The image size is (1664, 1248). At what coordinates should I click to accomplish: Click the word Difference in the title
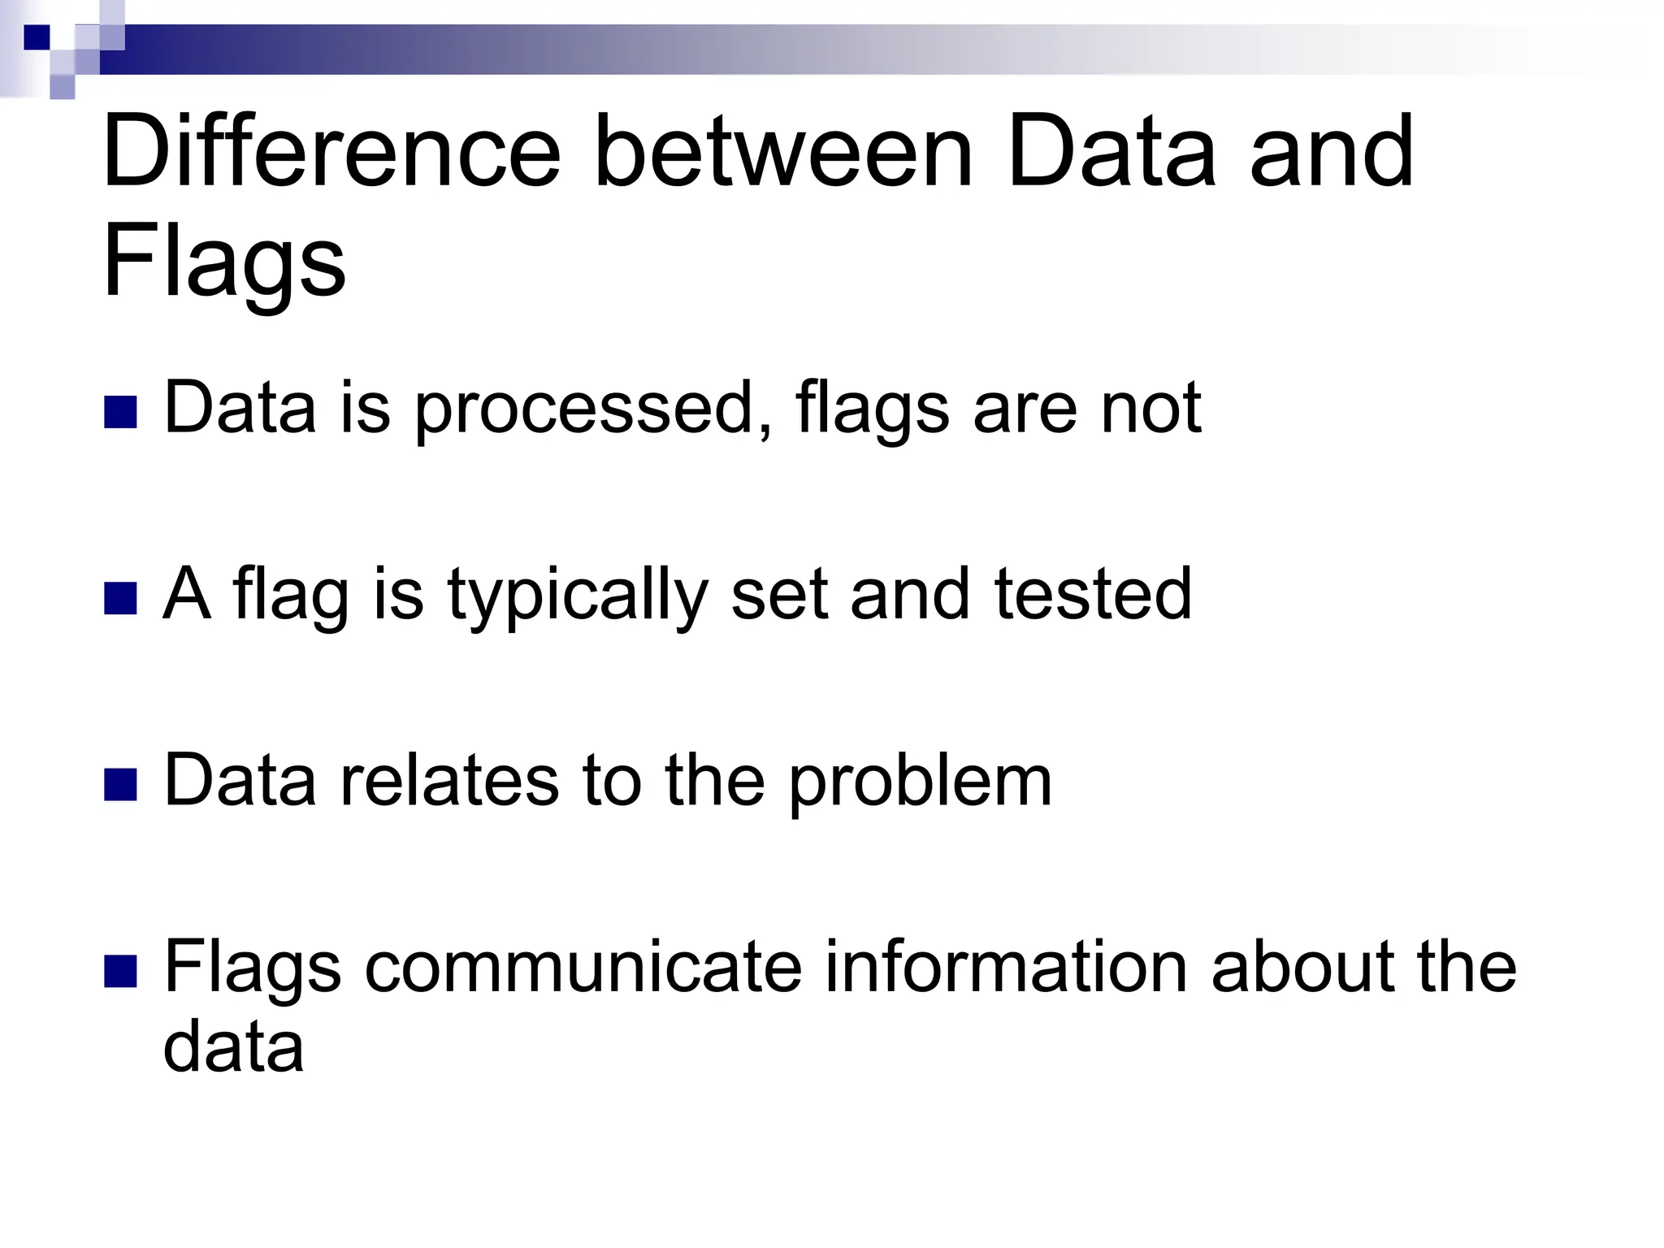click(x=331, y=152)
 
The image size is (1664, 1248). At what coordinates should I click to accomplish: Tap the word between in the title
click(x=783, y=152)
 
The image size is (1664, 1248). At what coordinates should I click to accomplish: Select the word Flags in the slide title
click(x=224, y=262)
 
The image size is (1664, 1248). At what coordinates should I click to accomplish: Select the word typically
click(x=578, y=596)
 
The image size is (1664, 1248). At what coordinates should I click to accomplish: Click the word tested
click(x=1093, y=596)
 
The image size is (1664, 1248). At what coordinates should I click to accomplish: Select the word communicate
click(x=583, y=968)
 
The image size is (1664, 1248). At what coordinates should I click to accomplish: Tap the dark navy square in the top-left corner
click(x=37, y=37)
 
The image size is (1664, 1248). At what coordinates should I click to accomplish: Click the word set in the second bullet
click(x=779, y=596)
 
